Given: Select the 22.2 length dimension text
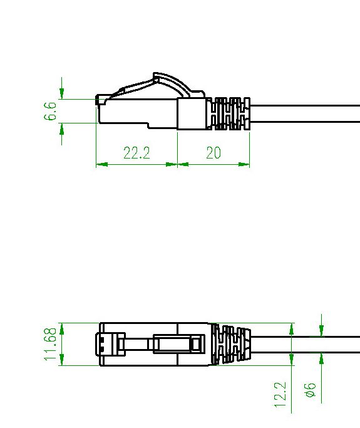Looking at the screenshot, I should pyautogui.click(x=136, y=153).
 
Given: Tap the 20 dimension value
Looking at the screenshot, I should pyautogui.click(x=213, y=153).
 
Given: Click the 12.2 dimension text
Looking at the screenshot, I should pyautogui.click(x=280, y=396).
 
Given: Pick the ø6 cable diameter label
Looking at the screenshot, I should pyautogui.click(x=309, y=392).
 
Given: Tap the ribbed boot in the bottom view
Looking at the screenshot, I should pyautogui.click(x=232, y=345).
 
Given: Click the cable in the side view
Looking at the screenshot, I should pyautogui.click(x=307, y=114).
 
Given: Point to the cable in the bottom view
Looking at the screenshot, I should pyautogui.click(x=307, y=345).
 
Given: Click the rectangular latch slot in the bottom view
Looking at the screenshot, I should pyautogui.click(x=178, y=343).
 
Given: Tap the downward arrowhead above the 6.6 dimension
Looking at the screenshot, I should pyautogui.click(x=62, y=93).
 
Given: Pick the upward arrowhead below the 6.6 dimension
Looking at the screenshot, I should pyautogui.click(x=62, y=128).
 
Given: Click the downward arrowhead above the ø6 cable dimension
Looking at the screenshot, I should pyautogui.click(x=321, y=330).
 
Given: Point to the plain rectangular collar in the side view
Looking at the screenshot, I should pyautogui.click(x=192, y=114).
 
